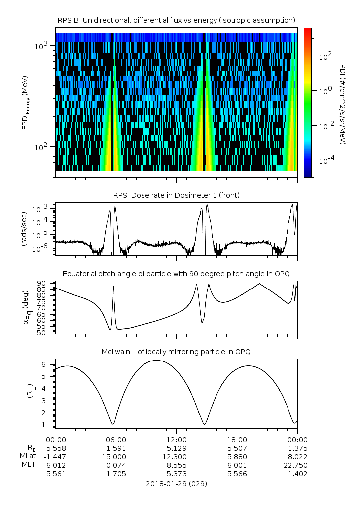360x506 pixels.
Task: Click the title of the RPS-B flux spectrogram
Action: tap(176, 20)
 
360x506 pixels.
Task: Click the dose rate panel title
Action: tap(176, 195)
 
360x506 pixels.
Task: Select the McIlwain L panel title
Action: tap(176, 352)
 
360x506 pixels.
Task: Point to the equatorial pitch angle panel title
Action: tap(176, 274)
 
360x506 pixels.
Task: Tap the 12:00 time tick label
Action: tap(176, 440)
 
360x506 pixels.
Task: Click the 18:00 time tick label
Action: tap(237, 440)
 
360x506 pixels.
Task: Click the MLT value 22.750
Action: tap(297, 465)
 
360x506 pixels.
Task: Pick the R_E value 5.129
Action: tap(176, 448)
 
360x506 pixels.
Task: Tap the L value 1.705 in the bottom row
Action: tap(116, 474)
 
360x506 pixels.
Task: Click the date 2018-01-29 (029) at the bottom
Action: tap(176, 483)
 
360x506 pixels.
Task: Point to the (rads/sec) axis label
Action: tap(23, 231)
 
